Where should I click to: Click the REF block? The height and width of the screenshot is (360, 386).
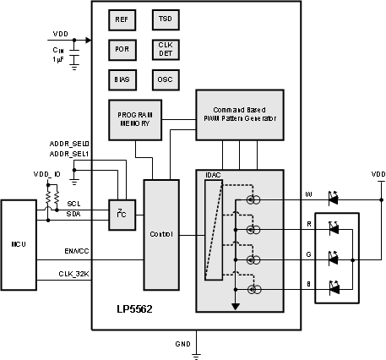pyautogui.click(x=122, y=19)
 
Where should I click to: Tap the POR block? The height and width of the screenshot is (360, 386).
pyautogui.click(x=122, y=49)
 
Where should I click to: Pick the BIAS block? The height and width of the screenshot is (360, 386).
pyautogui.click(x=122, y=79)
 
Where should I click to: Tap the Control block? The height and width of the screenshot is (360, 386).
pyautogui.click(x=161, y=233)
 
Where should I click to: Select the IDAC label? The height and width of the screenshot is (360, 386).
pyautogui.click(x=213, y=175)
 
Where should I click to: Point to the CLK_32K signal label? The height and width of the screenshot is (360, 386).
pyautogui.click(x=73, y=272)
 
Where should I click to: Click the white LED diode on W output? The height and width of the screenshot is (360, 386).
pyautogui.click(x=332, y=199)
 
